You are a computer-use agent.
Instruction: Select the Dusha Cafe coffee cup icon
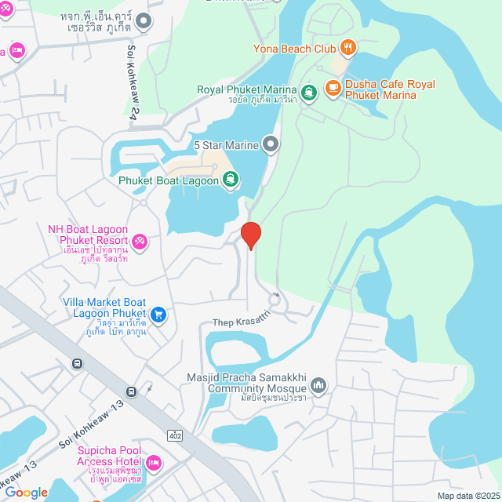point(333,86)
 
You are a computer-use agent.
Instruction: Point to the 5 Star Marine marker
point(271,144)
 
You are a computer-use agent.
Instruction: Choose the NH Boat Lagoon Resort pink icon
point(139,240)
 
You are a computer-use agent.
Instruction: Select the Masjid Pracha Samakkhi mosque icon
point(318,385)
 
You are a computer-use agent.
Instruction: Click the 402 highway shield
point(174,433)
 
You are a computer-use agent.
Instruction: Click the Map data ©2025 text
point(467,496)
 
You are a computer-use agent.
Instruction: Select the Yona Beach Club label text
point(294,49)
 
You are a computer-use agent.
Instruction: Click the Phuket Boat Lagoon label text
point(168,181)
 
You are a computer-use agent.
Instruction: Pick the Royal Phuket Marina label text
point(247,89)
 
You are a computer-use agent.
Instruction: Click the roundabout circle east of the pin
point(274,297)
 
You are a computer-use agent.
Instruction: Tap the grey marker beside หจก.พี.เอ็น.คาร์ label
point(143,21)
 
